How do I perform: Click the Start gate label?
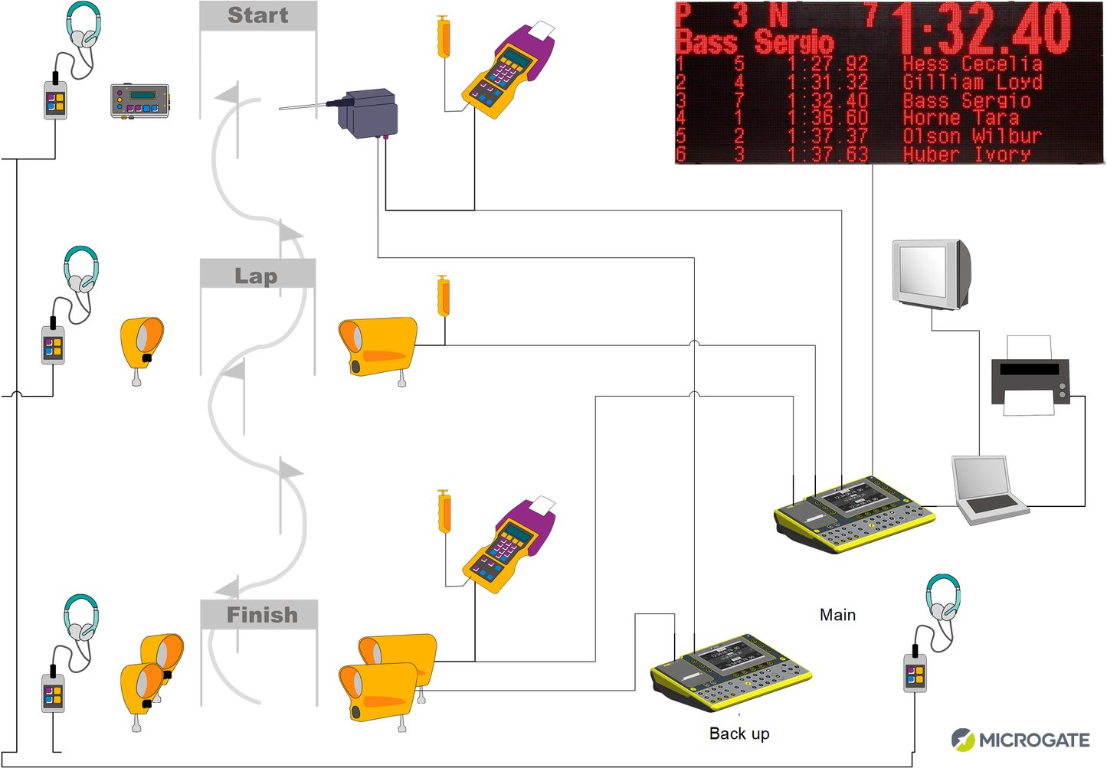pyautogui.click(x=258, y=15)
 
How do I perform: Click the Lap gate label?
pyautogui.click(x=257, y=276)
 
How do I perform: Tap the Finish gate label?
pyautogui.click(x=261, y=615)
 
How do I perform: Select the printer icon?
pyautogui.click(x=1030, y=376)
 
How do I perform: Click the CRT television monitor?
pyautogui.click(x=931, y=274)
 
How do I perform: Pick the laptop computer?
pyautogui.click(x=988, y=490)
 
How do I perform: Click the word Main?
pyautogui.click(x=837, y=615)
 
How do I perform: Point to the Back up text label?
pyautogui.click(x=739, y=734)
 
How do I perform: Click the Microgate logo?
pyautogui.click(x=1020, y=740)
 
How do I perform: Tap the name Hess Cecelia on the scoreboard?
pyautogui.click(x=972, y=64)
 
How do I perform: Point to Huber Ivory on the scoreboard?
pyautogui.click(x=966, y=154)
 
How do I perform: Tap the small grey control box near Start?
pyautogui.click(x=139, y=101)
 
